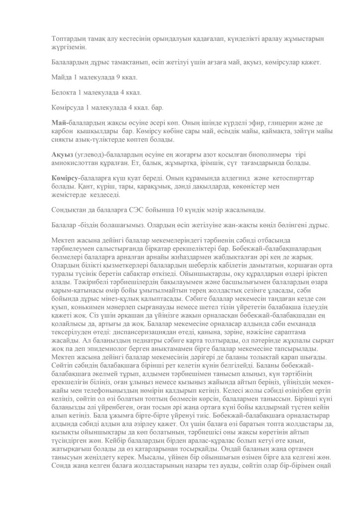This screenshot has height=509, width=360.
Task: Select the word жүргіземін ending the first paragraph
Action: (70, 47)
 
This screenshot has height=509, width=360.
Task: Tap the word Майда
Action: (61, 77)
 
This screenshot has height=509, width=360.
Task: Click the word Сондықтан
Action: (71, 209)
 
